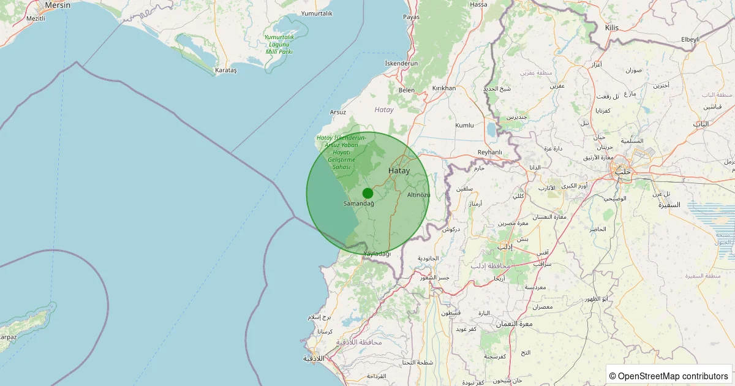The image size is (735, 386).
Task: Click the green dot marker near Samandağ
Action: pyautogui.click(x=367, y=193)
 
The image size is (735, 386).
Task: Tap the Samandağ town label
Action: pyautogui.click(x=359, y=203)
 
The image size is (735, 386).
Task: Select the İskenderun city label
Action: pyautogui.click(x=401, y=64)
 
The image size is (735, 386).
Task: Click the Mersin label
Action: pyautogui.click(x=58, y=5)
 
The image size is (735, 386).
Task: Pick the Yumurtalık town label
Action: pyautogui.click(x=317, y=13)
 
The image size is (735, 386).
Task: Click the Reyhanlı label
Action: pyautogui.click(x=489, y=153)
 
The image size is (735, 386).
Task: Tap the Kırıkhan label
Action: pyautogui.click(x=444, y=88)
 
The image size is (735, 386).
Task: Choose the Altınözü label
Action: pyautogui.click(x=418, y=195)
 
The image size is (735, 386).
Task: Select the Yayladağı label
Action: pyautogui.click(x=377, y=254)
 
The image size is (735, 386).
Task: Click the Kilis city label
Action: pyautogui.click(x=612, y=28)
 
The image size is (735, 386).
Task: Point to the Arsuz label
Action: pyautogui.click(x=338, y=112)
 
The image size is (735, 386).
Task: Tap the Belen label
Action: pyautogui.click(x=407, y=90)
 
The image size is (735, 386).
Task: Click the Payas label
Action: pyautogui.click(x=411, y=17)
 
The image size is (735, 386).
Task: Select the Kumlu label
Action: pyautogui.click(x=464, y=126)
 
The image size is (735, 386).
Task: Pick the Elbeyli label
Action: pyautogui.click(x=690, y=39)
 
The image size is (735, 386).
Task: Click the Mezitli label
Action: pyautogui.click(x=36, y=19)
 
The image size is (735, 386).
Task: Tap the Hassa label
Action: pyautogui.click(x=478, y=4)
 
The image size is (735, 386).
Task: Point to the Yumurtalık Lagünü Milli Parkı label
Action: pyautogui.click(x=279, y=44)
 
